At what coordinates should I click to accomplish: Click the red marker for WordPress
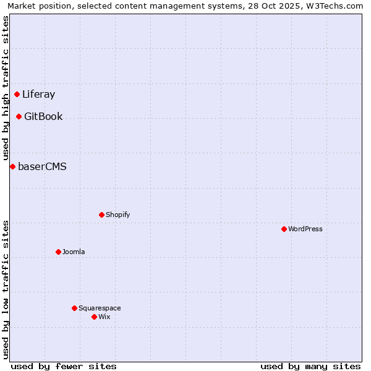(284, 229)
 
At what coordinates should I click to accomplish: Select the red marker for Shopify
(101, 215)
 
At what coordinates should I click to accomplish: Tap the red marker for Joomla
(58, 252)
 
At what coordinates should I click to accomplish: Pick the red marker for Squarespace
(74, 308)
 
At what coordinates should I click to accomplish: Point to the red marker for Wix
(94, 317)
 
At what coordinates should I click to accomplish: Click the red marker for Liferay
(17, 94)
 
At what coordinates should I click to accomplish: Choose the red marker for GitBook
(19, 116)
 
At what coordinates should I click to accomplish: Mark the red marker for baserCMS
(12, 166)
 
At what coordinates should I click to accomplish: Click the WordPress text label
(305, 229)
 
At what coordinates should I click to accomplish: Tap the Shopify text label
(117, 215)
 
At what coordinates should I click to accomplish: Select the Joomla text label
(74, 252)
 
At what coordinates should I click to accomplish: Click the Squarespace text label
(100, 308)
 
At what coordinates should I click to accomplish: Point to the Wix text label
(104, 317)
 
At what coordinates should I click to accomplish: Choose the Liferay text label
(38, 95)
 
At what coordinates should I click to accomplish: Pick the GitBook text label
(43, 116)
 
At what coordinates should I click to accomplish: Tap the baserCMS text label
(42, 166)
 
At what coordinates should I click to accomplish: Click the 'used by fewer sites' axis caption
(64, 366)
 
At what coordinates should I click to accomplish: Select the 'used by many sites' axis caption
(310, 366)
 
